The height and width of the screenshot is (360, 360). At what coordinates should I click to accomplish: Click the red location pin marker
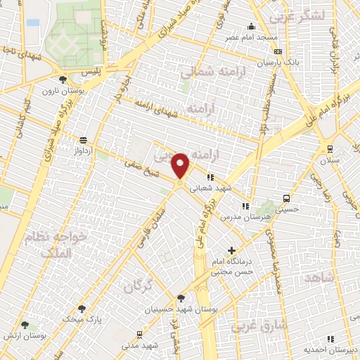tap(181, 166)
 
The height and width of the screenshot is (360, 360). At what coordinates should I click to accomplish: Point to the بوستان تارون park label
tap(58, 91)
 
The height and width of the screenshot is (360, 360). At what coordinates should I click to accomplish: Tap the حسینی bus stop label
tap(285, 208)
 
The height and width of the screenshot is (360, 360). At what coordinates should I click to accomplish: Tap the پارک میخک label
tap(83, 318)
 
